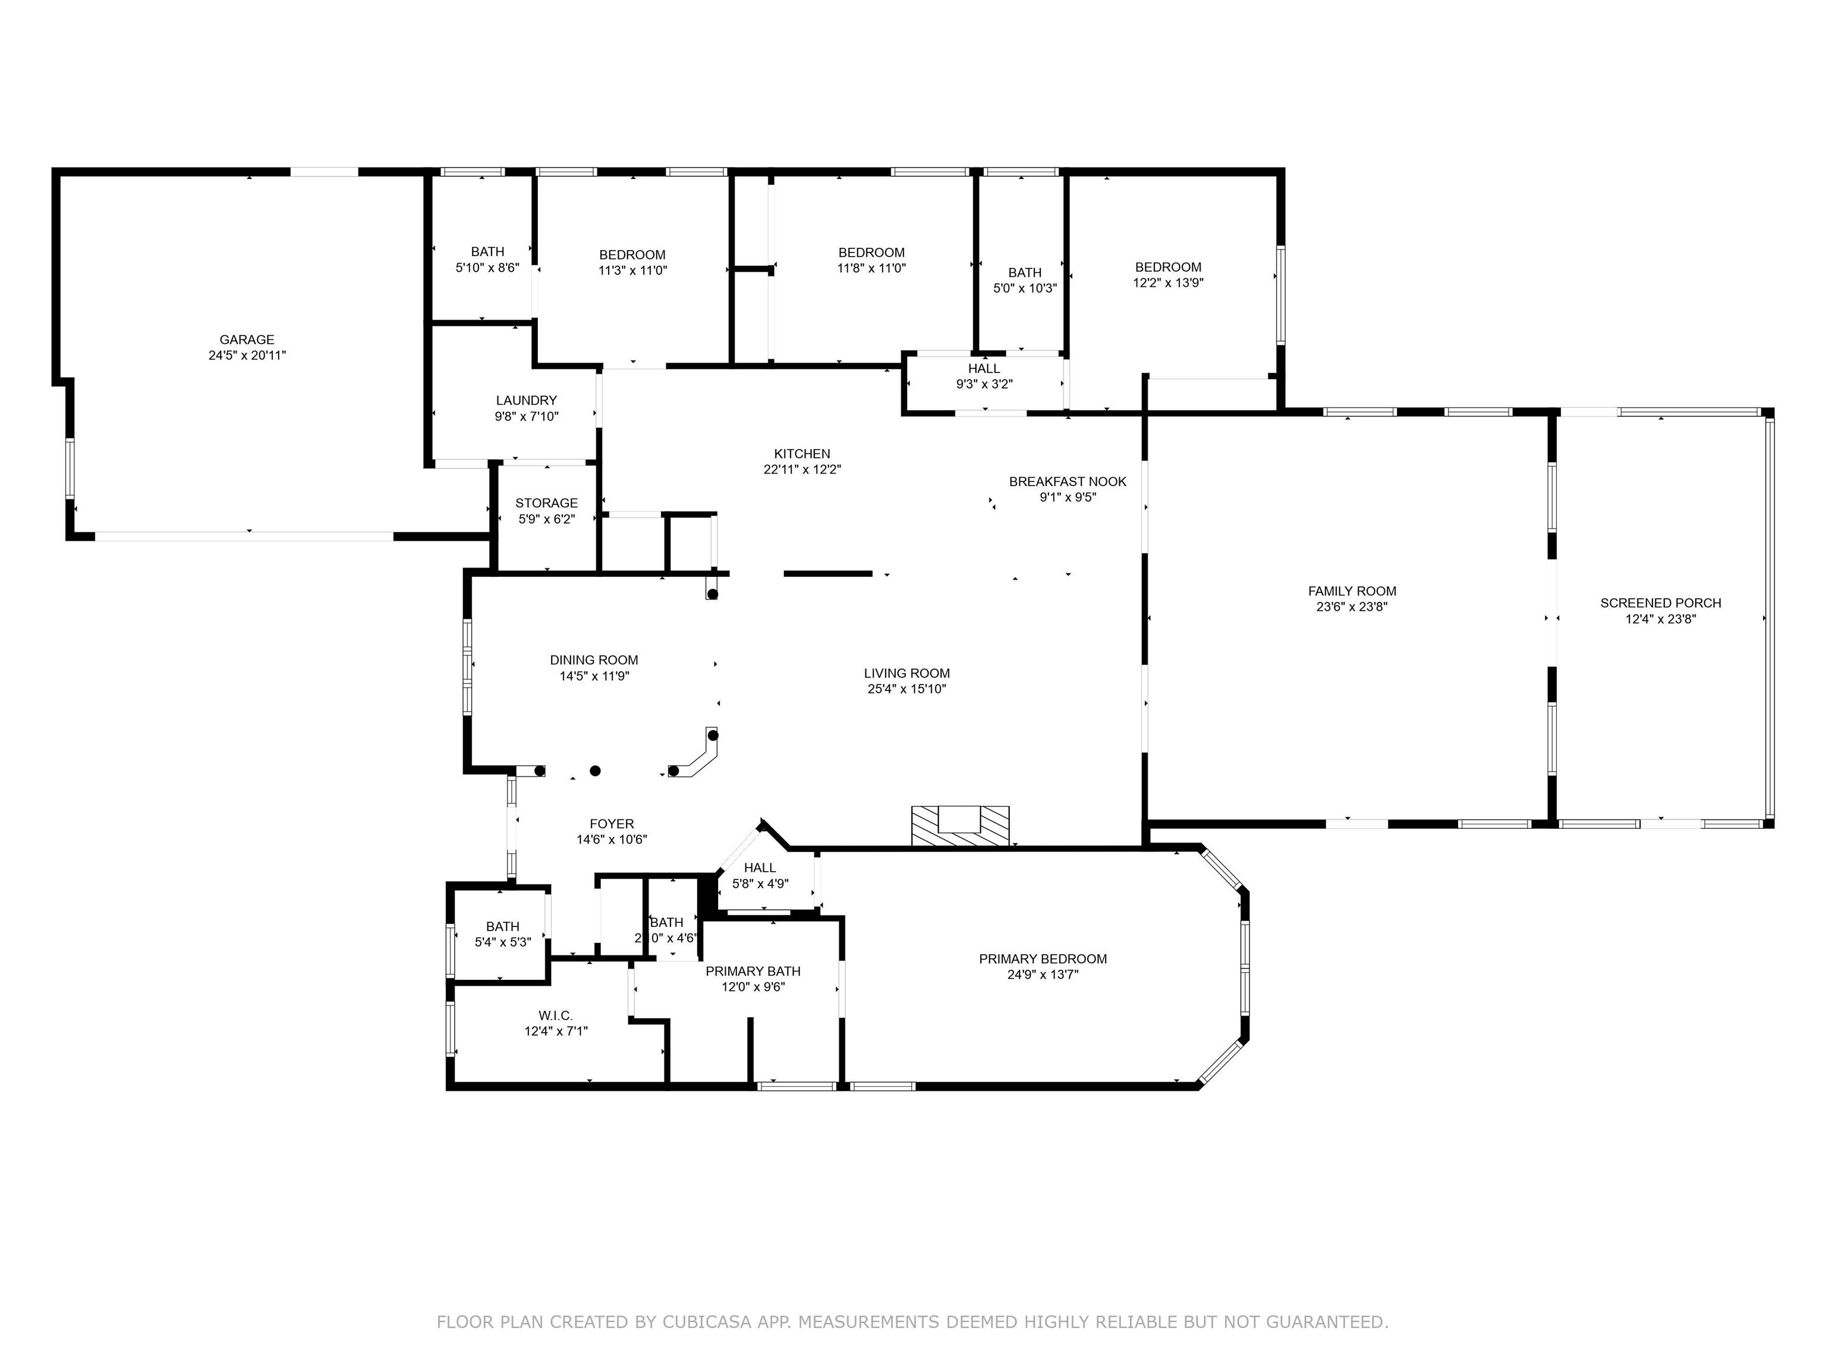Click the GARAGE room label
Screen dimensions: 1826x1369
247,340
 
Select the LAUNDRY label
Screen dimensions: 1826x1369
527,401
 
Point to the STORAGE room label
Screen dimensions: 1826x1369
546,503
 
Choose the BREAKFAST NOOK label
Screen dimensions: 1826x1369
1068,482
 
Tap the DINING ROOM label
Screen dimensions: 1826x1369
594,660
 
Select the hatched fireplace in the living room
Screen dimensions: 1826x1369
960,826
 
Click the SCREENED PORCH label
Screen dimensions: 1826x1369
1661,603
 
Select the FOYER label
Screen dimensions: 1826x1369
612,824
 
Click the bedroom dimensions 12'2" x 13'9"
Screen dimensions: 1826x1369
1168,283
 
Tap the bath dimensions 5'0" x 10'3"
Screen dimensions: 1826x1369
1024,289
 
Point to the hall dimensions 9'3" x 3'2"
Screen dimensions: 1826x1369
984,384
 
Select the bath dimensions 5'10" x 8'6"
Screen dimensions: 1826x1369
487,267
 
